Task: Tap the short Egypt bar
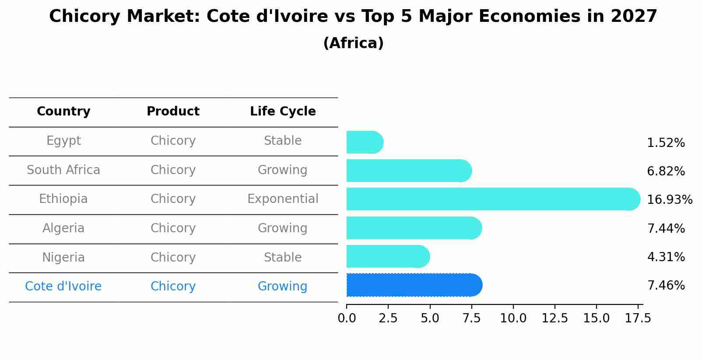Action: [x=365, y=142]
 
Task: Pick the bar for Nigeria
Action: [x=388, y=256]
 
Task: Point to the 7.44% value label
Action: [x=666, y=228]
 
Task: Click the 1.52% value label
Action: [x=666, y=143]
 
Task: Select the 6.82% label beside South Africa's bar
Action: [x=666, y=171]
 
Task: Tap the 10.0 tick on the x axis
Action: [x=513, y=318]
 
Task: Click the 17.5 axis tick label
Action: [x=638, y=318]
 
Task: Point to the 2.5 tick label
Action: [x=388, y=318]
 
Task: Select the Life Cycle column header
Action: [x=283, y=112]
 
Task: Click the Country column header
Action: [x=63, y=112]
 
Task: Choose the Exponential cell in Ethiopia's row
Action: [x=283, y=199]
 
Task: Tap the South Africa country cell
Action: [x=63, y=170]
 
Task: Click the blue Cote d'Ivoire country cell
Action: [x=63, y=287]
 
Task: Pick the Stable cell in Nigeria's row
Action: [x=283, y=257]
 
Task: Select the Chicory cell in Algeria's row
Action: [x=173, y=228]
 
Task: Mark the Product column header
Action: [x=173, y=112]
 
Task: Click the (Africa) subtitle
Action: [x=353, y=43]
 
